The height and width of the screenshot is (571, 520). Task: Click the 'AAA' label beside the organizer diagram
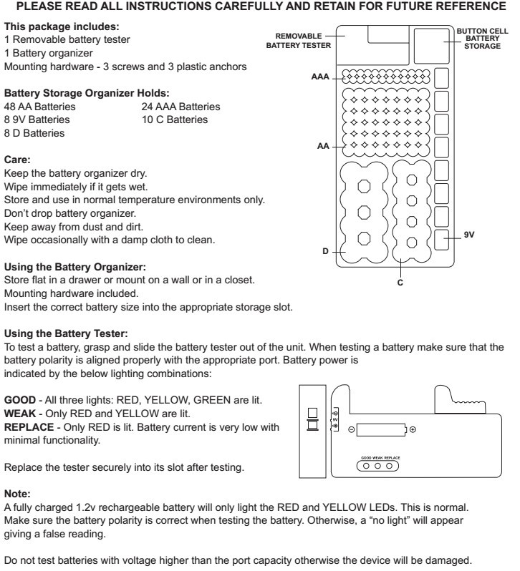pos(319,76)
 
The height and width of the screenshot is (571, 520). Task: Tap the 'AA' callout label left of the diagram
pos(322,145)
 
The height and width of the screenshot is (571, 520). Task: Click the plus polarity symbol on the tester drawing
pos(413,429)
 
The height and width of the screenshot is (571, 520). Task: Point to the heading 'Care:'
pos(19,161)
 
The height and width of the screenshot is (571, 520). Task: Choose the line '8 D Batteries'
pos(34,132)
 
